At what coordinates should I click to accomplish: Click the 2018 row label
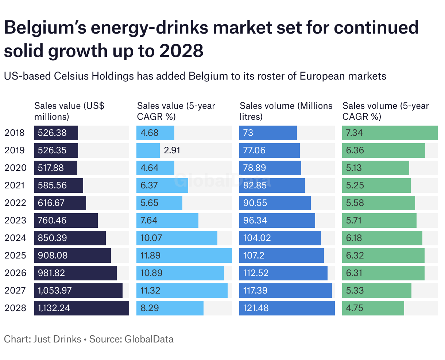(15, 133)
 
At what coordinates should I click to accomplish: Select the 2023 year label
(15, 221)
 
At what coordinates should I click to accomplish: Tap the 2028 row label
(15, 308)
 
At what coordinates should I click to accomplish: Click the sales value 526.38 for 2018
(53, 133)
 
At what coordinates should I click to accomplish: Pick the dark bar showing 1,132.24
(82, 308)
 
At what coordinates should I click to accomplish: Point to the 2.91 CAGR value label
(172, 150)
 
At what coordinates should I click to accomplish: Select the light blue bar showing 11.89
(184, 256)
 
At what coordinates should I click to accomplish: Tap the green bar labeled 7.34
(390, 133)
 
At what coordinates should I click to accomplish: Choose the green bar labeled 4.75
(373, 308)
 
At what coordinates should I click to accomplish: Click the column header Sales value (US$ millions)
(69, 111)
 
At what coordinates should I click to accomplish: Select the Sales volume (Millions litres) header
(286, 111)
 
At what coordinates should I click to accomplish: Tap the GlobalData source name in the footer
(149, 339)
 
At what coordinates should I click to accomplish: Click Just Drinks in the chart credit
(57, 339)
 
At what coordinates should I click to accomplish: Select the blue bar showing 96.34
(277, 221)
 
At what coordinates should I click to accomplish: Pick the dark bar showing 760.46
(66, 221)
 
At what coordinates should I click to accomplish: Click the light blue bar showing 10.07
(177, 238)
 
